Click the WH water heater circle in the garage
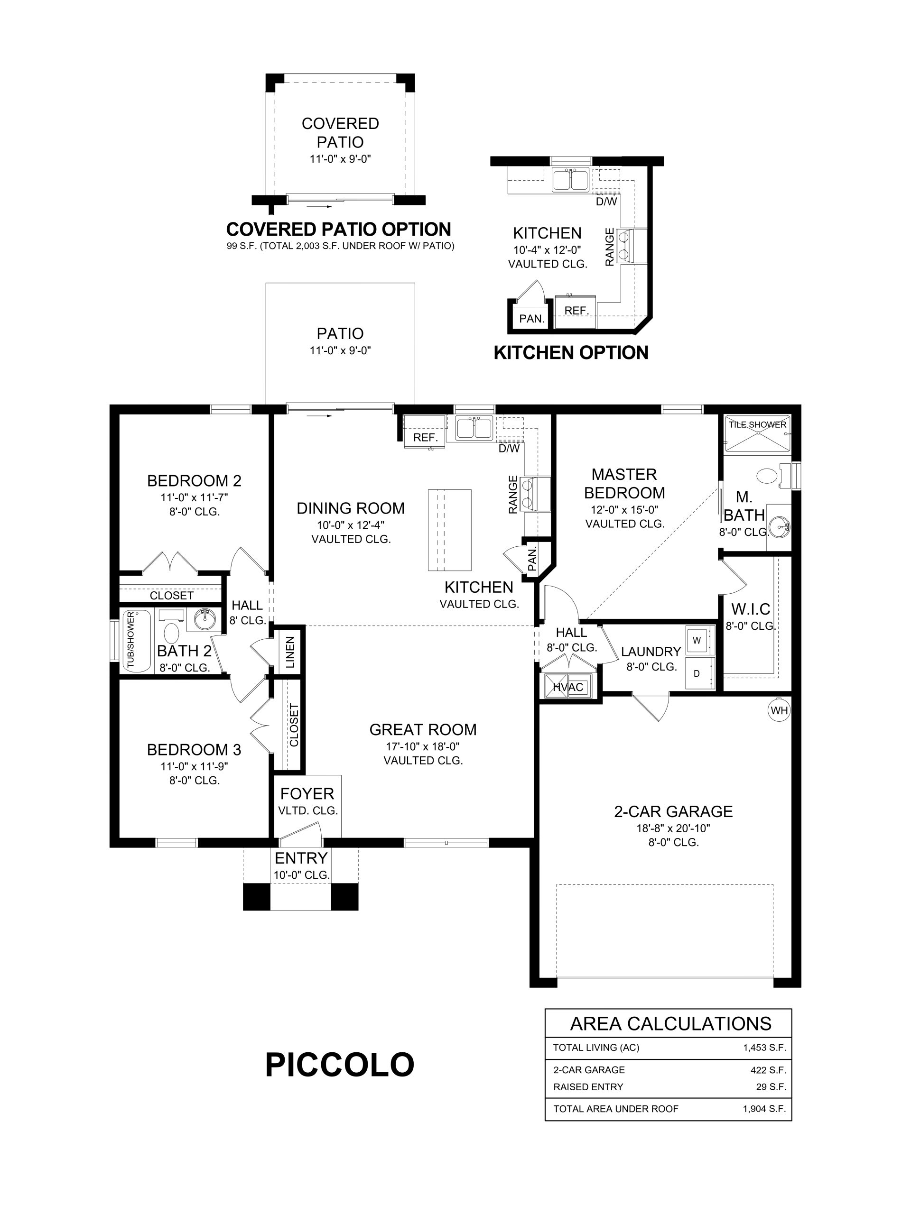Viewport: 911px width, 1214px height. pyautogui.click(x=779, y=710)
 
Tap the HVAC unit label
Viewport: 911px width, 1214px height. pyautogui.click(x=568, y=687)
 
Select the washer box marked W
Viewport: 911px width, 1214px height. pyautogui.click(x=697, y=640)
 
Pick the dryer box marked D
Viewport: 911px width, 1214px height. pyautogui.click(x=697, y=673)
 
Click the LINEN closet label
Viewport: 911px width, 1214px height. pyautogui.click(x=290, y=652)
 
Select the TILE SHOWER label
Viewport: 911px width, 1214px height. pyautogui.click(x=758, y=424)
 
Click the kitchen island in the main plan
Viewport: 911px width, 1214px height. pyautogui.click(x=450, y=530)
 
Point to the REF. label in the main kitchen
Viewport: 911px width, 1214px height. pyautogui.click(x=426, y=437)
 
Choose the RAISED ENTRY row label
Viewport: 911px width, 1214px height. pyautogui.click(x=588, y=1087)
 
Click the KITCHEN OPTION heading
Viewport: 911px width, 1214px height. pyautogui.click(x=571, y=352)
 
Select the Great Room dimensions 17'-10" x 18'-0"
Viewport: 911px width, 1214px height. pyautogui.click(x=423, y=746)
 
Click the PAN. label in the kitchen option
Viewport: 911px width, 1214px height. pyautogui.click(x=531, y=318)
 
